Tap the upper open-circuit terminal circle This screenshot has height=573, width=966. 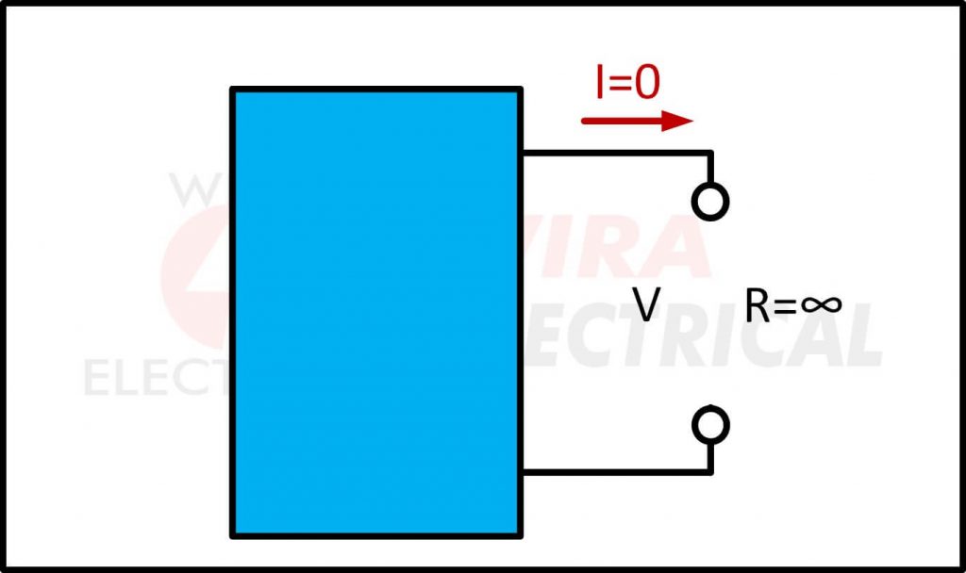(x=709, y=201)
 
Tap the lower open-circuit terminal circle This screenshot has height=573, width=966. (x=709, y=426)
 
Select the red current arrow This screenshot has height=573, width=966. (x=637, y=121)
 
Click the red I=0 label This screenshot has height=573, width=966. (x=626, y=84)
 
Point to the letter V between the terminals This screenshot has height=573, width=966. (x=645, y=305)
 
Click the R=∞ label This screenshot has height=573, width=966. (x=792, y=305)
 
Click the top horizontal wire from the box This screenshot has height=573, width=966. (x=613, y=152)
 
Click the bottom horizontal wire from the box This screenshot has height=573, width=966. (x=613, y=471)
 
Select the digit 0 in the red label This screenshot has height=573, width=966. (x=647, y=84)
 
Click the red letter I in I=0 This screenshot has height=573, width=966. (x=600, y=84)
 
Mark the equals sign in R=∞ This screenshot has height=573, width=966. (x=786, y=306)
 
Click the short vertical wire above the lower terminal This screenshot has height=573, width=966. (x=709, y=456)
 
